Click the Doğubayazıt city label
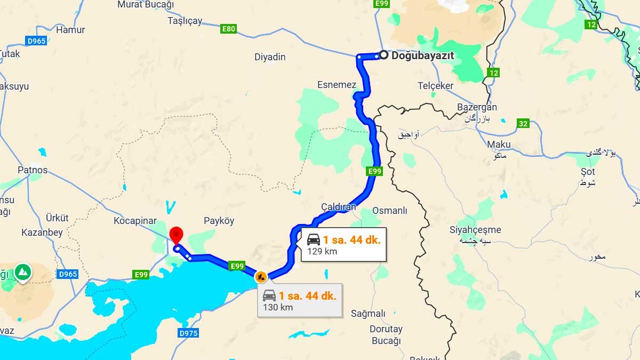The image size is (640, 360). tap(422, 55)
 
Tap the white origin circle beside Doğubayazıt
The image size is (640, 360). tap(383, 54)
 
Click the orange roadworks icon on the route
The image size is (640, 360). tap(261, 276)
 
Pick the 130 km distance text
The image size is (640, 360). tap(278, 307)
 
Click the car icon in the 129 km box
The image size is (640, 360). tap(314, 239)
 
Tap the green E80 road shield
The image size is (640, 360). tap(228, 29)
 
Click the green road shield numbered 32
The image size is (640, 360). tap(523, 124)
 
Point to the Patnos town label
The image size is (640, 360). tap(33, 170)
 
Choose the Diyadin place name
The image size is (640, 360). tap(270, 57)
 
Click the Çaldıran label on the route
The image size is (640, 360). tap(338, 206)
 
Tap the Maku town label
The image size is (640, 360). tap(499, 145)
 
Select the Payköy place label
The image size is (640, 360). tap(219, 221)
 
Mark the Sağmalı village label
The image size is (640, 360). tap(368, 313)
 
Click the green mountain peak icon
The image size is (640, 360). tap(22, 272)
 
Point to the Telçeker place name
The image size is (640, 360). tap(435, 86)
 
